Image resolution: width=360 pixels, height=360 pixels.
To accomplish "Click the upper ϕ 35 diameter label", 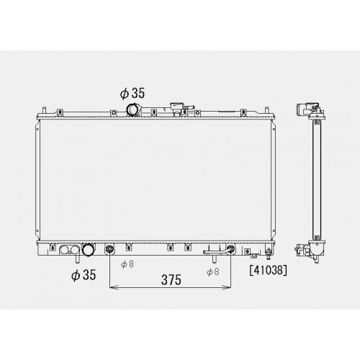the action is [132, 93].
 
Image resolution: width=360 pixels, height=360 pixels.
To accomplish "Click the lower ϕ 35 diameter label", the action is [84, 274].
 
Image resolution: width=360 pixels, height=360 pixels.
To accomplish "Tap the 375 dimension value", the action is [171, 279].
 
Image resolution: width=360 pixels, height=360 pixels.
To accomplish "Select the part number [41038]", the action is [268, 271].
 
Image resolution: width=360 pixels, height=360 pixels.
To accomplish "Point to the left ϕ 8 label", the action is [127, 264].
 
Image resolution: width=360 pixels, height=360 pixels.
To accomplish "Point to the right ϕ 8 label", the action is [213, 271].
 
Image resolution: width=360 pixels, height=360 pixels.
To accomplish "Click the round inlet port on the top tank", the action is [132, 109].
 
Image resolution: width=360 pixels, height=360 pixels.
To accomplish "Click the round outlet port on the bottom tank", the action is [88, 250].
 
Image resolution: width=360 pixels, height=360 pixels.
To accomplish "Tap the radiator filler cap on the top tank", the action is [176, 107].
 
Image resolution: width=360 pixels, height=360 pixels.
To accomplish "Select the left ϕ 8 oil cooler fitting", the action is [109, 250].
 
